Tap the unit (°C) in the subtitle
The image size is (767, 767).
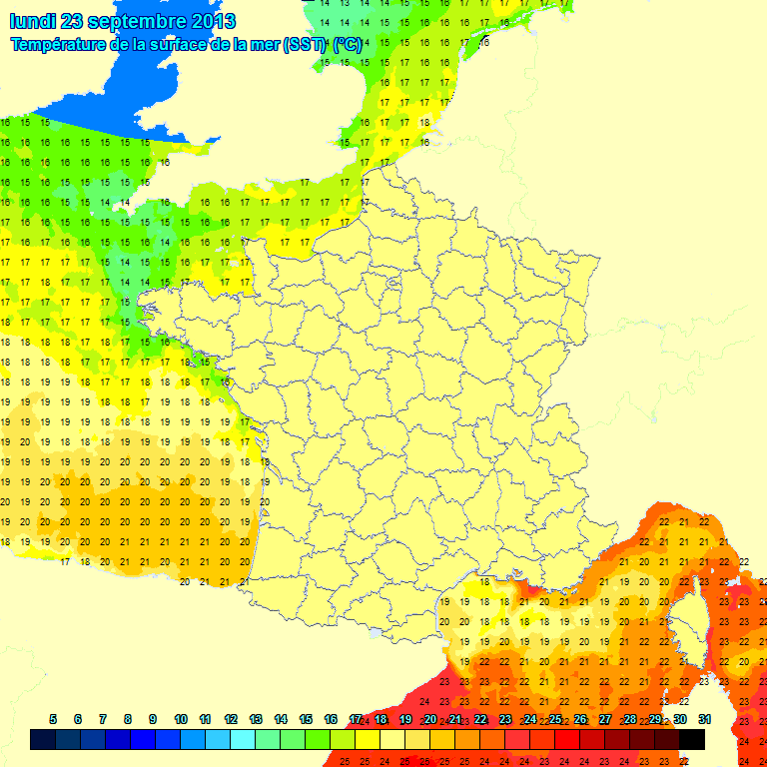348,45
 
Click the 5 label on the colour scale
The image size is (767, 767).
52,719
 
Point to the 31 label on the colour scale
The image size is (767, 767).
704,719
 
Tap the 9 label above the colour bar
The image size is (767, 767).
153,719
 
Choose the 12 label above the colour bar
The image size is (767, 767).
231,719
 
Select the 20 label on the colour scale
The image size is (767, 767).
430,719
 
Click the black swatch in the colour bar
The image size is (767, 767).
692,740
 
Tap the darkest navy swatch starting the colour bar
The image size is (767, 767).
42,740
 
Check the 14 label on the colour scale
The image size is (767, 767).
281,719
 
